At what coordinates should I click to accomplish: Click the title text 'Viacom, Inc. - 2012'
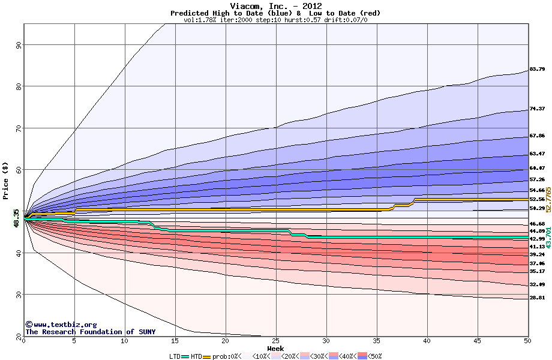tap(275, 6)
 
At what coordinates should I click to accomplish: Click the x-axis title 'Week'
tap(275, 348)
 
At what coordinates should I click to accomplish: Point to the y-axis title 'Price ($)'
tap(5, 180)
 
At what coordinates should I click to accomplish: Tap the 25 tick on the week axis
tap(275, 341)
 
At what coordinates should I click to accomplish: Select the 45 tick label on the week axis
tap(477, 341)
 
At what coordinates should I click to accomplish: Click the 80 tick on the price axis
tap(19, 86)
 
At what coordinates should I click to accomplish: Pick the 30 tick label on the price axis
tap(19, 295)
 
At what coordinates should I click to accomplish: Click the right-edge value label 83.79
tap(537, 70)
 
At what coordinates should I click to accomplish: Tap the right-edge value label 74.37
tap(537, 109)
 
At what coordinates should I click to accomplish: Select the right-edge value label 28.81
tap(537, 298)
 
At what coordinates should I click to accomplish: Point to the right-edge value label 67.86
tap(537, 136)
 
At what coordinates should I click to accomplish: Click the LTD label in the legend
tap(175, 356)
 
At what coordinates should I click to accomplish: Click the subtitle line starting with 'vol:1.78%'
tap(275, 20)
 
